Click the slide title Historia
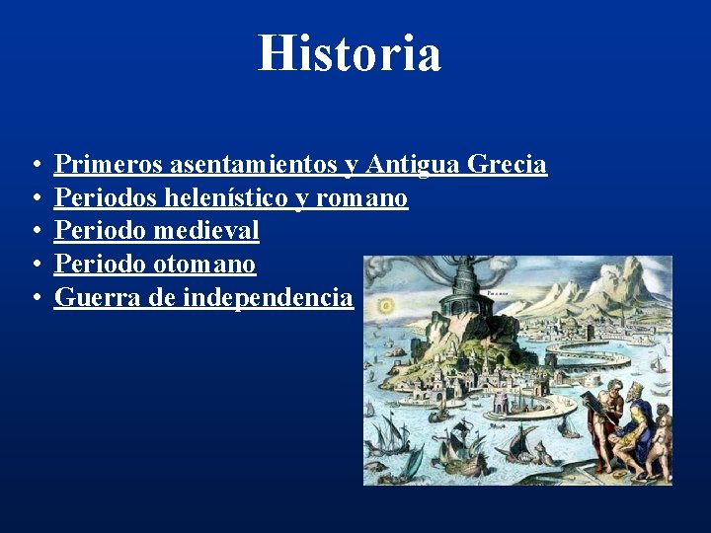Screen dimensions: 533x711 coord(350,53)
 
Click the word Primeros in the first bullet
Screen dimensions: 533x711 coord(109,164)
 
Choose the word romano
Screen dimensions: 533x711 coord(362,197)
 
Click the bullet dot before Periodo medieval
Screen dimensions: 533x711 coord(35,231)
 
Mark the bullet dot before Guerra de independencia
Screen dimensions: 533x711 coord(35,297)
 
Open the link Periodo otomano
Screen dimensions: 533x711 coord(155,264)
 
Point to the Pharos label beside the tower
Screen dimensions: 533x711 coord(497,293)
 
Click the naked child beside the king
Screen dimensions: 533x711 coord(662,434)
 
